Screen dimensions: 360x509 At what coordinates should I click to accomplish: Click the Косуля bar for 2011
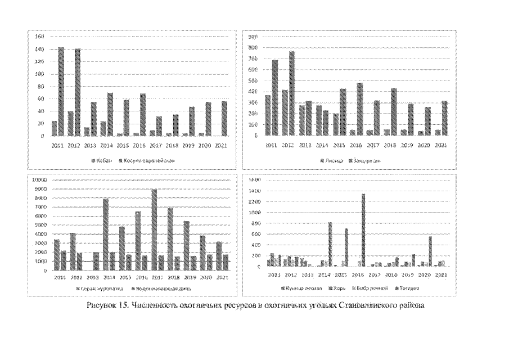point(61,92)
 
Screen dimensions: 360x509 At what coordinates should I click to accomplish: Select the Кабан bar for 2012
point(71,123)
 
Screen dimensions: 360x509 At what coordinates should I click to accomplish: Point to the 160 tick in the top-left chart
point(39,37)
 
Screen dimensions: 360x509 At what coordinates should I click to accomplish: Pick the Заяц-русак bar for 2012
point(292,93)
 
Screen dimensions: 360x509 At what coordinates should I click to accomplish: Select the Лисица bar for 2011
point(268,115)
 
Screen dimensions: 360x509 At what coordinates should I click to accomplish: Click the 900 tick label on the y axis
point(253,37)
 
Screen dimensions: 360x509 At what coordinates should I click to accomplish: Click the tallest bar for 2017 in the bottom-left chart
point(154,229)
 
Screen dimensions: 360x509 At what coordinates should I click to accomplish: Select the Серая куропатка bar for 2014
point(105,235)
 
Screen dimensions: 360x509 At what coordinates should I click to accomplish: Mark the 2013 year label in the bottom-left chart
point(92,277)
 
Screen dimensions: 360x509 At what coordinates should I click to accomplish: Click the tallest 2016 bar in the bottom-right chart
point(363,230)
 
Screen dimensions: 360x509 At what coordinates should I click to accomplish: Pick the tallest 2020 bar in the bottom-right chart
point(430,251)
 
